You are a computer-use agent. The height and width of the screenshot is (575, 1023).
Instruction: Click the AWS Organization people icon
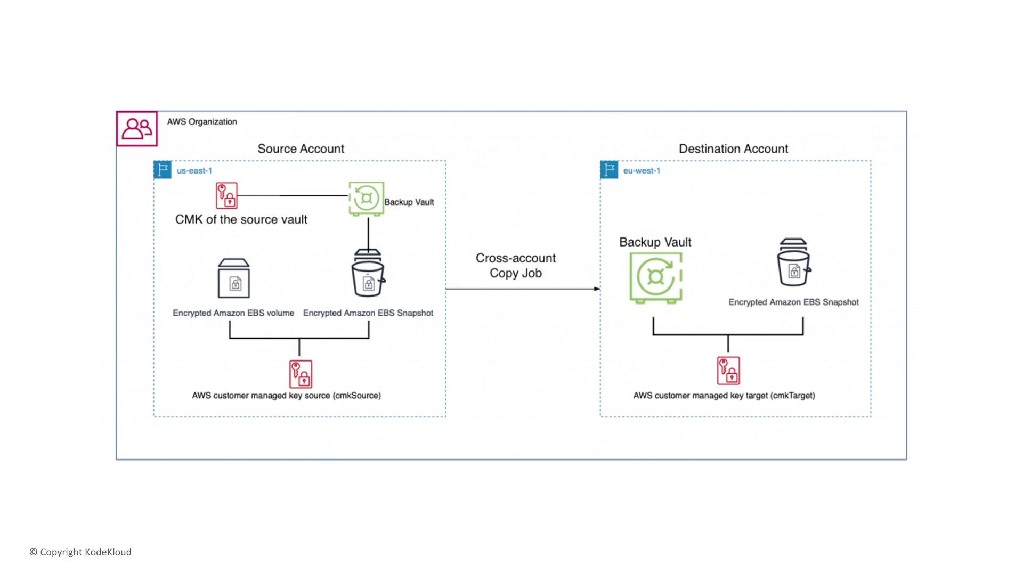coord(137,129)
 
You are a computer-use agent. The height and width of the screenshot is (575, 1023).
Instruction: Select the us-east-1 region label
coord(194,171)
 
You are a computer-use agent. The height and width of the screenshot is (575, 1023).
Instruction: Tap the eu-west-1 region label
coord(642,171)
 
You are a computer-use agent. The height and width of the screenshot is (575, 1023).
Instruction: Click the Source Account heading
coord(301,149)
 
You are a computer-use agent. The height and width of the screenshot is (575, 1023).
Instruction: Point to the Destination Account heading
coord(733,149)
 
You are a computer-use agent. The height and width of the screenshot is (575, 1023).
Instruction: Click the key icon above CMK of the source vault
coord(226,195)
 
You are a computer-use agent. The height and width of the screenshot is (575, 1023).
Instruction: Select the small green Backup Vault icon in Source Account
coord(366,199)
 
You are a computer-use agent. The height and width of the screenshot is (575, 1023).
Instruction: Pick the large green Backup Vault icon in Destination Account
coord(656,277)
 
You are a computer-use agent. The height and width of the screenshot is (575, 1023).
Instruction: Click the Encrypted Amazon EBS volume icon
coord(234,278)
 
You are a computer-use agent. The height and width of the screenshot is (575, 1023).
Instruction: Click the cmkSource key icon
coord(301,374)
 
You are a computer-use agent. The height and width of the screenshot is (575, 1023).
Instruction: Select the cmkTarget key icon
coord(728,371)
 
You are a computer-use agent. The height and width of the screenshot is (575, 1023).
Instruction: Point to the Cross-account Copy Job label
coord(516,266)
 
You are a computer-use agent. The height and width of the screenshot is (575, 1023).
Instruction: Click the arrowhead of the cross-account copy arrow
coord(597,289)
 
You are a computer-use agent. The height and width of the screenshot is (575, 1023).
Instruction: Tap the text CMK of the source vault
coord(241,219)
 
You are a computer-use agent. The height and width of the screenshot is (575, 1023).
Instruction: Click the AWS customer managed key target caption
coord(724,396)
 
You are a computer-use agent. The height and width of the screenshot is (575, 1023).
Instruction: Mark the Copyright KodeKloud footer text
coord(80,552)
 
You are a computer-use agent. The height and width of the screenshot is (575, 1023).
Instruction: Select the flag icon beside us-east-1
coord(163,170)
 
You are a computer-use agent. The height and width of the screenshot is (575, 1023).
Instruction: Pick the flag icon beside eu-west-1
coord(609,170)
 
